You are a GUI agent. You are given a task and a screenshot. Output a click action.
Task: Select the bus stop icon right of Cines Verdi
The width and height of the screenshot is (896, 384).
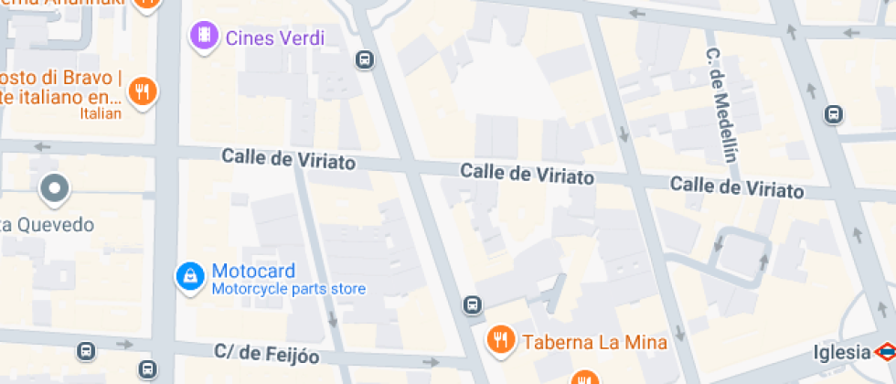pyautogui.click(x=365, y=60)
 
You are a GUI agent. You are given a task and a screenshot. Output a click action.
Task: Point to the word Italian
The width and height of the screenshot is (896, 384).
pyautogui.click(x=101, y=114)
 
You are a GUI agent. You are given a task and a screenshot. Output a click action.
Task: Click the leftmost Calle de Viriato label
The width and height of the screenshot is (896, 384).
pyautogui.click(x=288, y=159)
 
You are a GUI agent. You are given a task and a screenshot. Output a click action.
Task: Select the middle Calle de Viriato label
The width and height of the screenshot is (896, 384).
pyautogui.click(x=527, y=174)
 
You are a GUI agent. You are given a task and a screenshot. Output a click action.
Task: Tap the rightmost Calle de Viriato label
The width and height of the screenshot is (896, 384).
pyautogui.click(x=737, y=187)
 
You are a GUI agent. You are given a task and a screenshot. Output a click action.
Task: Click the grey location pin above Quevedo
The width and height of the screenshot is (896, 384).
pyautogui.click(x=54, y=189)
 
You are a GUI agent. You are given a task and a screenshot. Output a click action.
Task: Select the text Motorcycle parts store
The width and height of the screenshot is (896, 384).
pyautogui.click(x=289, y=290)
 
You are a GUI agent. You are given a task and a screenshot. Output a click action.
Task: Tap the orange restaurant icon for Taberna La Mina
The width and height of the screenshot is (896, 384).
pyautogui.click(x=499, y=340)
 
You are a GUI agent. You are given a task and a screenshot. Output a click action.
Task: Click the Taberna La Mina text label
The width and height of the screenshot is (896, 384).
pyautogui.click(x=594, y=343)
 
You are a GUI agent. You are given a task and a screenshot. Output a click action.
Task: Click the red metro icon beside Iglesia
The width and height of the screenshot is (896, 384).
pyautogui.click(x=884, y=352)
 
